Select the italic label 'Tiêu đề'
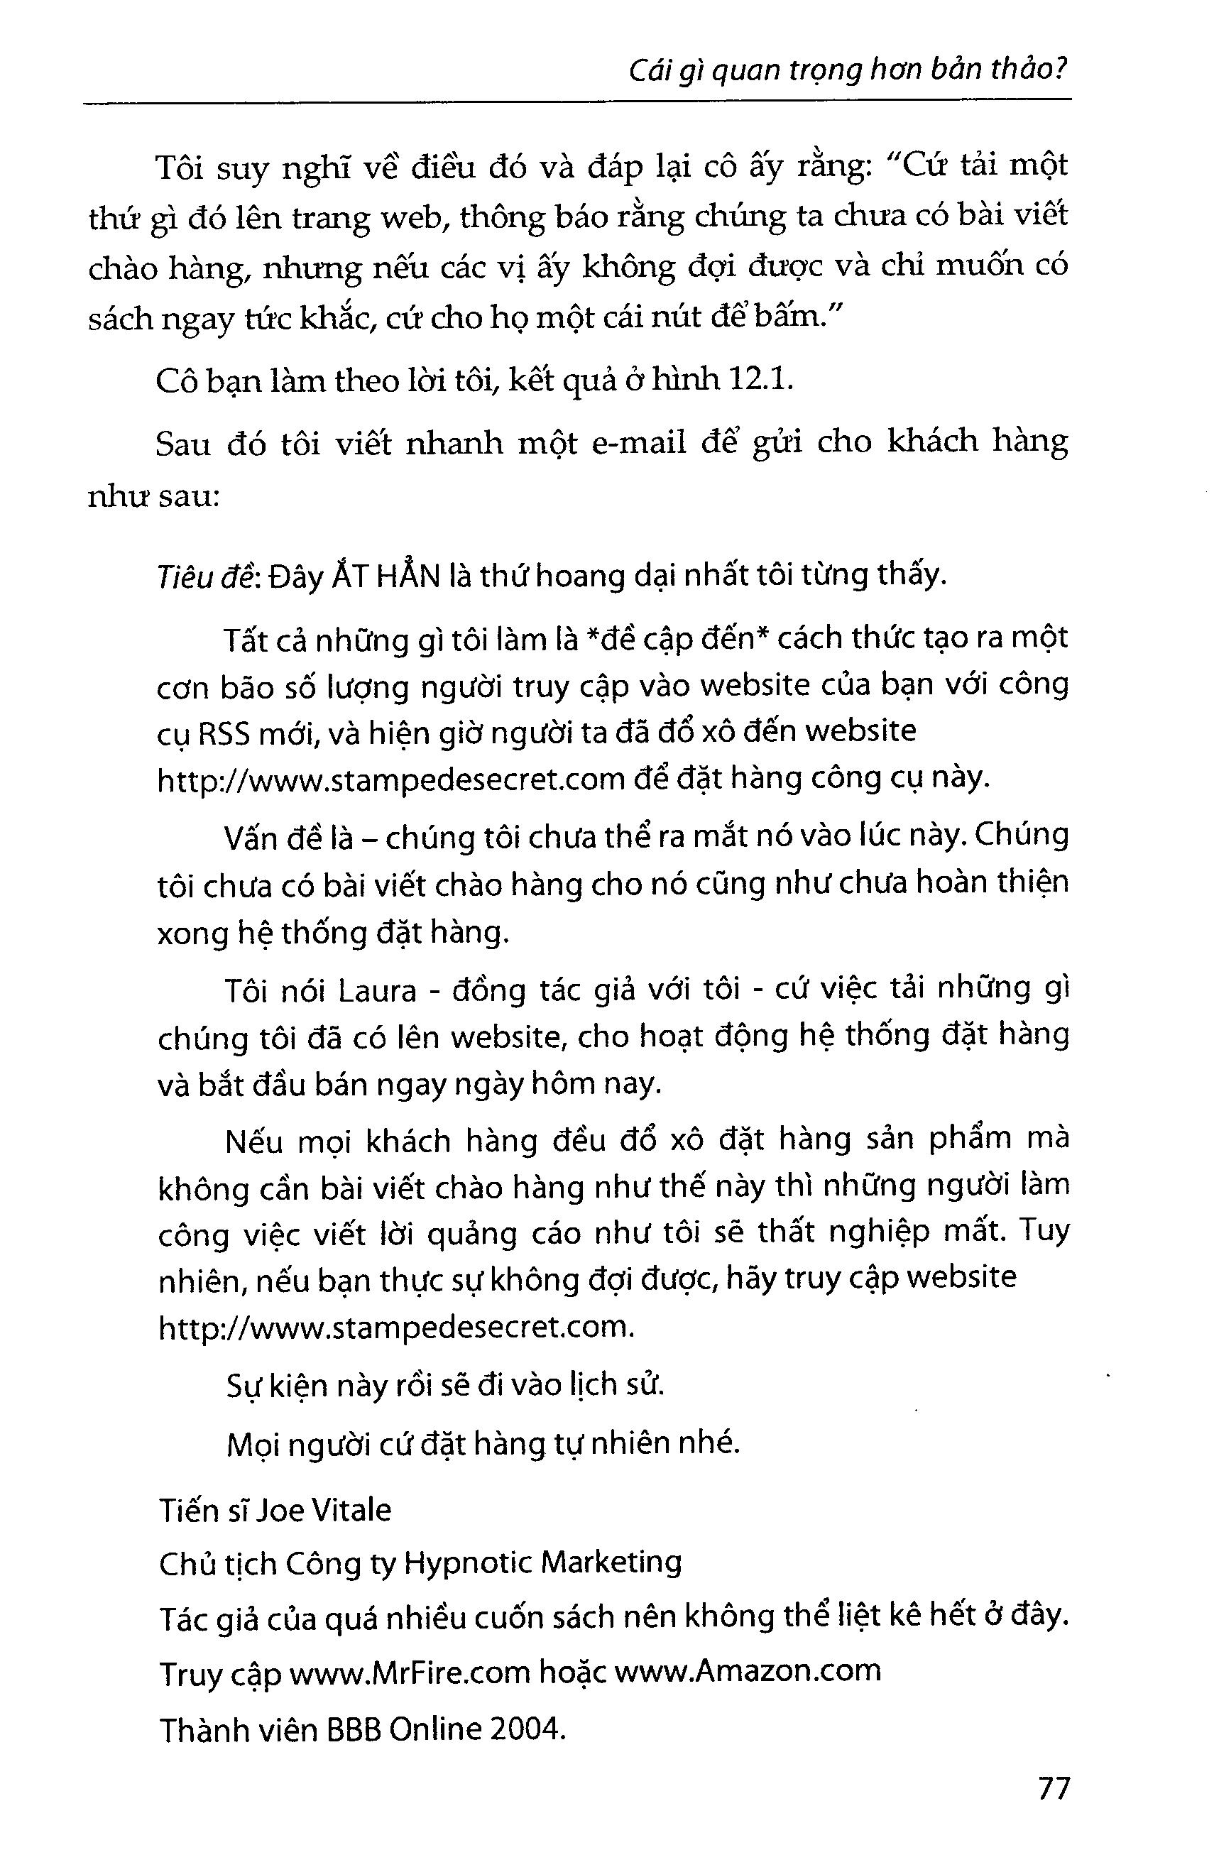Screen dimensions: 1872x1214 click(204, 576)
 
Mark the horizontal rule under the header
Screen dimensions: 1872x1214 click(576, 101)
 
